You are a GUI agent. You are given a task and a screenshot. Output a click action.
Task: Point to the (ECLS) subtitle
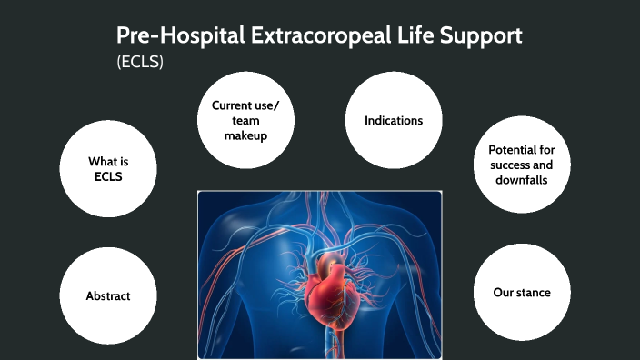coord(139,63)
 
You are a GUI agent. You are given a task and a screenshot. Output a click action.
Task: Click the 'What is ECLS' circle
coord(108,169)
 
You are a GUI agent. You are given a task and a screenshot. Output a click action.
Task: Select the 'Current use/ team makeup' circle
coord(245,120)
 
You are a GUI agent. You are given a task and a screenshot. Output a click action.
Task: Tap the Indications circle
coord(394,120)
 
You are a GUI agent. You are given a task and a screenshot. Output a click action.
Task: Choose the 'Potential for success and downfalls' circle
coord(521,165)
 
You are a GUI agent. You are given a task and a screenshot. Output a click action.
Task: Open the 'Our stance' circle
coord(521,293)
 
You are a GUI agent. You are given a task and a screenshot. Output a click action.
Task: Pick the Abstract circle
coord(108,295)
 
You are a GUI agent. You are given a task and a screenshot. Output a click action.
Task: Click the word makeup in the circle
coord(245,135)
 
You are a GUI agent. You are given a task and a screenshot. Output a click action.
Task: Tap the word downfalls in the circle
coord(521,180)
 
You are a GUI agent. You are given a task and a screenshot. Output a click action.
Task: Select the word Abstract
coord(108,295)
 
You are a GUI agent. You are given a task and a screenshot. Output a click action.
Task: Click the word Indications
coord(394,120)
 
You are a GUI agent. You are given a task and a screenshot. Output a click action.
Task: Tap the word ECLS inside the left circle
coord(108,176)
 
